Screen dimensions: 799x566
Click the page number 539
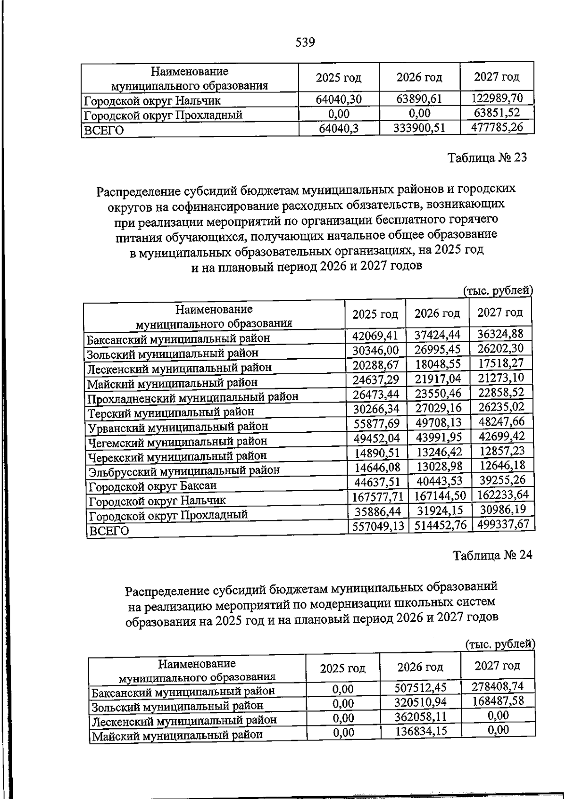[305, 43]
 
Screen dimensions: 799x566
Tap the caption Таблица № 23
[487, 157]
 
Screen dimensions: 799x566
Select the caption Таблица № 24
[492, 555]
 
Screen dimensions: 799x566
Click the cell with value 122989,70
[497, 98]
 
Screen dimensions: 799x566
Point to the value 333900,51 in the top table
[419, 128]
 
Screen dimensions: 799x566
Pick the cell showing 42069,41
[375, 336]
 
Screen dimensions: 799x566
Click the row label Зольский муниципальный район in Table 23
[173, 353]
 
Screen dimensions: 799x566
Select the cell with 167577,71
[378, 496]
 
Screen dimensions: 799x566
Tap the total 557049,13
[378, 526]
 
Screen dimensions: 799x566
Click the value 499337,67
[503, 524]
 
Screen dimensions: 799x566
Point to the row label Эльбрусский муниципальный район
[184, 470]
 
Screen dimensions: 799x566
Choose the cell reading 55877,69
[376, 423]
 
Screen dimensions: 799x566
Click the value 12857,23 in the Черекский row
[502, 451]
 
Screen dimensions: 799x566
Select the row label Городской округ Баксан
[152, 486]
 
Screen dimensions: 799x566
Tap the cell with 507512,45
[420, 688]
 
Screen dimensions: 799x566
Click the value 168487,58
[498, 701]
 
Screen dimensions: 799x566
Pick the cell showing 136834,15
[421, 731]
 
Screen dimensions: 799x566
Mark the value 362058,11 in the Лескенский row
[421, 717]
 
